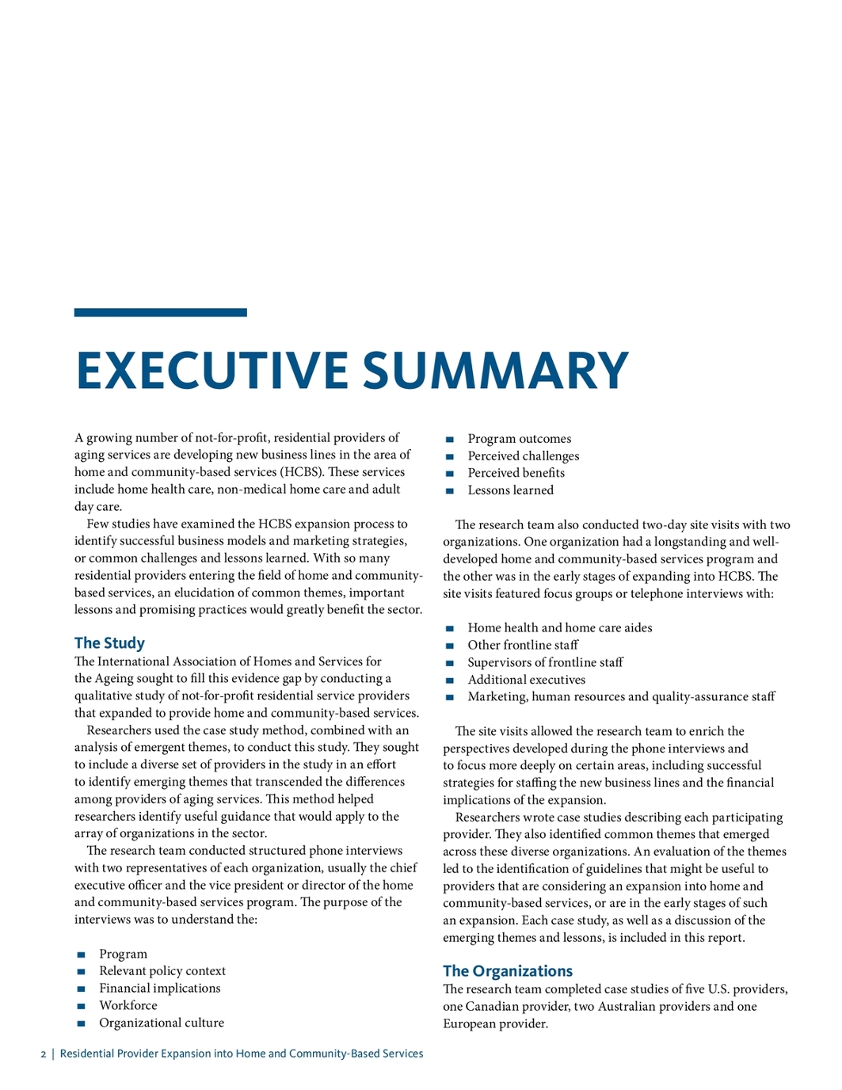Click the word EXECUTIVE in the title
coord(211,371)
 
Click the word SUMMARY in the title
coord(495,371)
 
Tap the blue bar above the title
coord(160,313)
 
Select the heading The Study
coord(109,643)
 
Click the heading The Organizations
coord(507,971)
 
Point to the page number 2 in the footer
coord(44,1054)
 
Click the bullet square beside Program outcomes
coord(450,440)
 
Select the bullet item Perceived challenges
coord(523,456)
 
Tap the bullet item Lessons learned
coord(510,490)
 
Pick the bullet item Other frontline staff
coord(523,646)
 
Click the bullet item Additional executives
coord(526,680)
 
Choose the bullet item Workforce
coord(128,1006)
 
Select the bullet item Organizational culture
coord(162,1023)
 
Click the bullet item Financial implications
coord(160,989)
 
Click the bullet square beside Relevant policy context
coord(81,972)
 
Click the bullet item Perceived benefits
coord(516,473)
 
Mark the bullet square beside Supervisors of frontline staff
coord(450,663)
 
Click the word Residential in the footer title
coord(89,1054)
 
